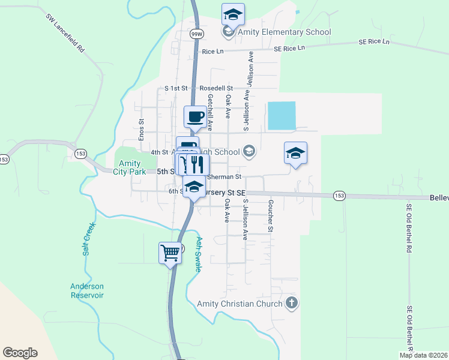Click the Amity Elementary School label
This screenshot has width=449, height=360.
click(285, 32)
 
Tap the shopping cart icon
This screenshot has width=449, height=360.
click(170, 252)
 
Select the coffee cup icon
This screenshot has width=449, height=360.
click(194, 116)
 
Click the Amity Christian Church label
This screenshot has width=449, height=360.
click(240, 304)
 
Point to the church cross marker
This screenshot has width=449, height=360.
click(292, 302)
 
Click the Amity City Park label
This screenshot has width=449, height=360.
click(129, 167)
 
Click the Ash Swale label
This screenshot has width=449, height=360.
click(199, 253)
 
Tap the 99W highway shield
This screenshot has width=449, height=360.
click(196, 35)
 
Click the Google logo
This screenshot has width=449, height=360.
click(20, 353)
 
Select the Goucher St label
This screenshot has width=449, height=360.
click(271, 216)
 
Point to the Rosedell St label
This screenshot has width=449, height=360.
click(216, 88)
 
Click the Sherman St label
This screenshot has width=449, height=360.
click(224, 177)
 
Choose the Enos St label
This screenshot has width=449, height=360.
click(142, 130)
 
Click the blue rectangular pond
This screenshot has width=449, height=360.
click(282, 115)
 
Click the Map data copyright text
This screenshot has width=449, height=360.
click(423, 355)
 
